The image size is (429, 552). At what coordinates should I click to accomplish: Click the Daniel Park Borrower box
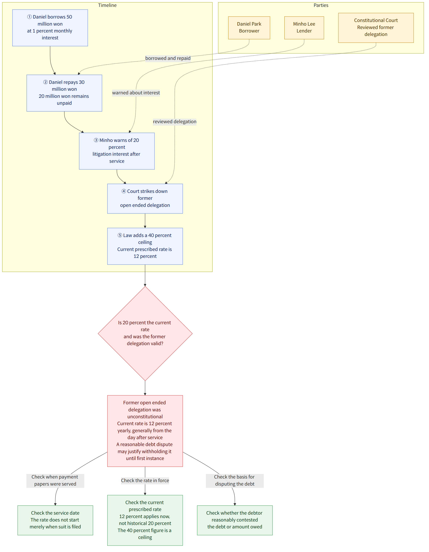coord(249,28)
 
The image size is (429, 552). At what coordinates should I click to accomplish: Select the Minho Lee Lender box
coord(304,28)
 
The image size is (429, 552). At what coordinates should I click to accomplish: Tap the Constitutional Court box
coord(376,28)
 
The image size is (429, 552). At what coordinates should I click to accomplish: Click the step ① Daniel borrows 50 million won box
coord(50,28)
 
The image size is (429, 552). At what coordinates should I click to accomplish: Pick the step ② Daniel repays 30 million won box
coord(64,93)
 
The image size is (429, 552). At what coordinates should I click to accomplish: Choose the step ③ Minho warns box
coord(117,151)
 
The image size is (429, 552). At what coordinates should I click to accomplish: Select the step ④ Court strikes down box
coord(145,199)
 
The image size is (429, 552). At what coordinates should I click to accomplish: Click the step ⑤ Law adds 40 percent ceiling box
coord(145,246)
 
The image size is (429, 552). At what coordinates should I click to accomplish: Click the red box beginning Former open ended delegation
coord(145,431)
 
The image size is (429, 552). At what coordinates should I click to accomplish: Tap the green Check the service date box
coord(55,520)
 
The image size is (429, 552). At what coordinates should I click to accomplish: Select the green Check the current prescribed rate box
coord(145,520)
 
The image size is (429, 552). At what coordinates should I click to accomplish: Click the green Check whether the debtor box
coord(235,520)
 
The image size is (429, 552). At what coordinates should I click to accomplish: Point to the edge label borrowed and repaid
coord(168,58)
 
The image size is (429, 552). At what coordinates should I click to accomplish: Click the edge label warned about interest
coord(136,93)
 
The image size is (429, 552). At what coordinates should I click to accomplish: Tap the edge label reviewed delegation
coord(175,122)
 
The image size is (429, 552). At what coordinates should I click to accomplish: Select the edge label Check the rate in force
coord(145,481)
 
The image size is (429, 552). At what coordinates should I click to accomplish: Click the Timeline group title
coord(107,5)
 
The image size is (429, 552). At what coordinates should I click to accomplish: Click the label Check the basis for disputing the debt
coord(235,481)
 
